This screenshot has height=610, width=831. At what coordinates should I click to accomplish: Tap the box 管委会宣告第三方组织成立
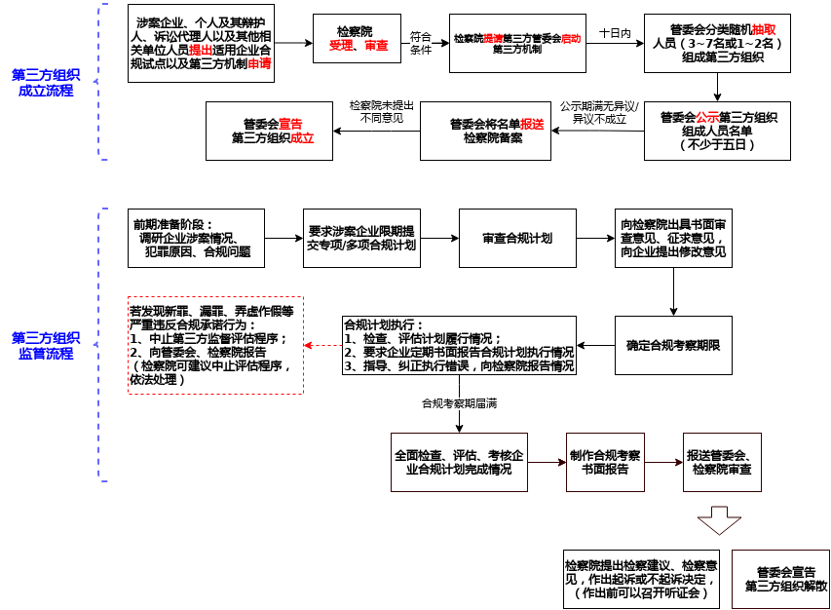(x=274, y=132)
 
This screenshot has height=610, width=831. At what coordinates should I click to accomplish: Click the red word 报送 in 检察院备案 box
(x=532, y=125)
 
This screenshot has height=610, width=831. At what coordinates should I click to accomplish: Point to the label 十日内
(x=615, y=33)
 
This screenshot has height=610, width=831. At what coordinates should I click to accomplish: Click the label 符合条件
(x=420, y=43)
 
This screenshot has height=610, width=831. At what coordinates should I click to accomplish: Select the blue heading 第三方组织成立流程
(x=46, y=83)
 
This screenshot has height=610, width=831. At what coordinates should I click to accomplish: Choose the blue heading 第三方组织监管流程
(x=46, y=346)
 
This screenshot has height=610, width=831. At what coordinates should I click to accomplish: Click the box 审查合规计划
(x=517, y=239)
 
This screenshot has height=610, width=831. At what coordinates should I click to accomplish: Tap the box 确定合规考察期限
(x=673, y=345)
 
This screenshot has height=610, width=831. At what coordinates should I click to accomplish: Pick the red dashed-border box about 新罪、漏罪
(x=215, y=345)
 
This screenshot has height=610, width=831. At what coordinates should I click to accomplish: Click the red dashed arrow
(x=321, y=345)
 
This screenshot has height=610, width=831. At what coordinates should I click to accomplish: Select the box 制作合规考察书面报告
(x=605, y=462)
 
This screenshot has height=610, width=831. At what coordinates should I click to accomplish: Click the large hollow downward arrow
(x=719, y=519)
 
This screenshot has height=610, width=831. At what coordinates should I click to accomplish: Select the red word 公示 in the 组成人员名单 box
(x=708, y=118)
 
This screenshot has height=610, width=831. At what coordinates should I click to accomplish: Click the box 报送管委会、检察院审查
(x=722, y=462)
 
